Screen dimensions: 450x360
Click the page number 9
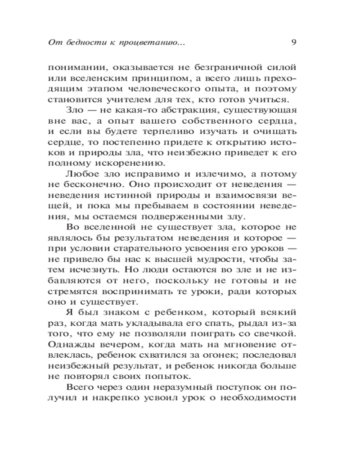tap(293, 43)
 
